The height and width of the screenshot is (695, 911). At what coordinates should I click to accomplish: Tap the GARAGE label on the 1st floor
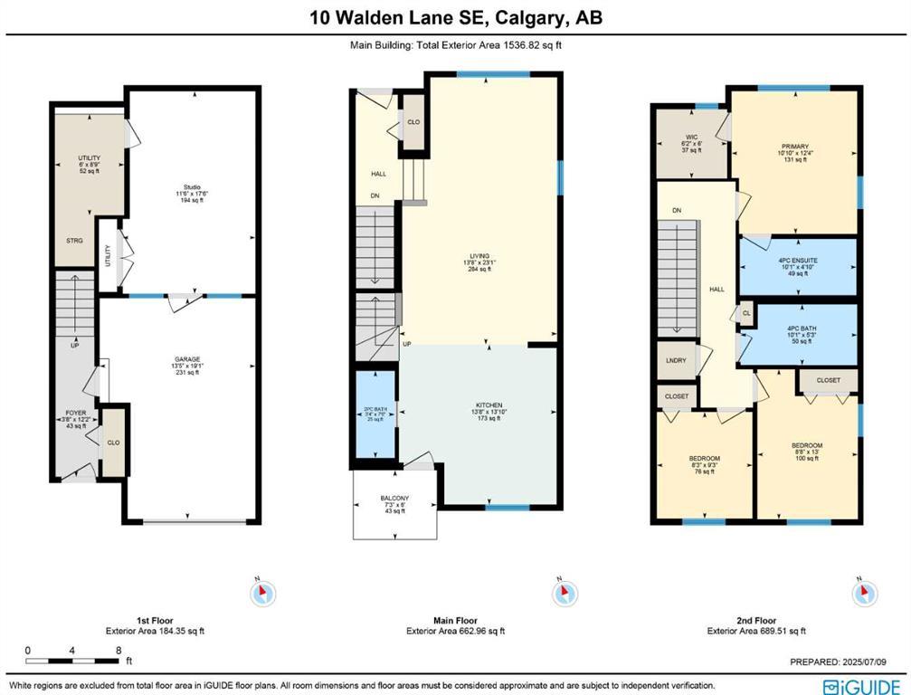[x=188, y=358]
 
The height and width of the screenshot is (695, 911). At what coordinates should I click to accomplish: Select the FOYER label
[x=75, y=413]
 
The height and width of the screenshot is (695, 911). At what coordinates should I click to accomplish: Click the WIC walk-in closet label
[x=691, y=138]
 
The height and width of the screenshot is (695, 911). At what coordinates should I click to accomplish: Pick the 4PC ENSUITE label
[x=797, y=262]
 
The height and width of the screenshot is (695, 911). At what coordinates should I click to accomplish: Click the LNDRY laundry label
[x=674, y=360]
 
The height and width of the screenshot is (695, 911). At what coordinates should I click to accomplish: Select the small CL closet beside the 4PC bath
[x=746, y=313]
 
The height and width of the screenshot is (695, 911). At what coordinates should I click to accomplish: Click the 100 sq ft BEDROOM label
[x=806, y=445]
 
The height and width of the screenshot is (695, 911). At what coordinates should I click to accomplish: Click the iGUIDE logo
[x=861, y=685]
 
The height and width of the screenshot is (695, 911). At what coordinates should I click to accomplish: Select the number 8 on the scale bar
[x=118, y=650]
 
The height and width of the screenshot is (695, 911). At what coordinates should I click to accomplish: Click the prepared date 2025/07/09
[x=874, y=662]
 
